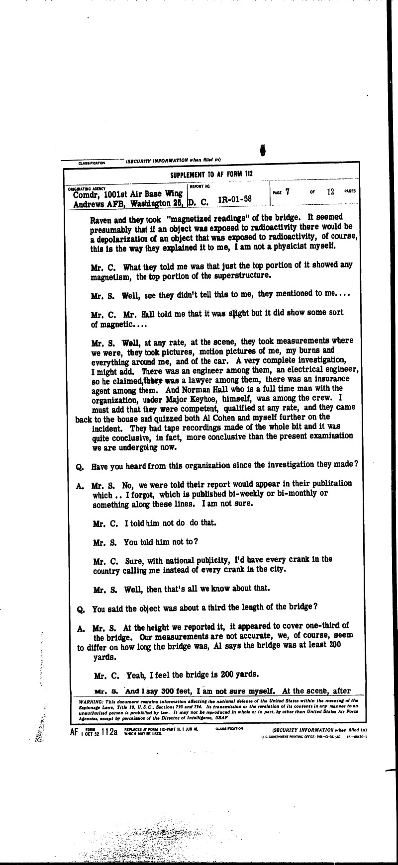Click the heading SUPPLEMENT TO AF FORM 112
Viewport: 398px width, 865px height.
coord(213,175)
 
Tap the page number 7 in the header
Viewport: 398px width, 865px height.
coord(288,191)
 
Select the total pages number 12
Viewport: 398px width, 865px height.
coord(331,191)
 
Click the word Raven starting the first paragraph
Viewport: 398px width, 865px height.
coord(101,218)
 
